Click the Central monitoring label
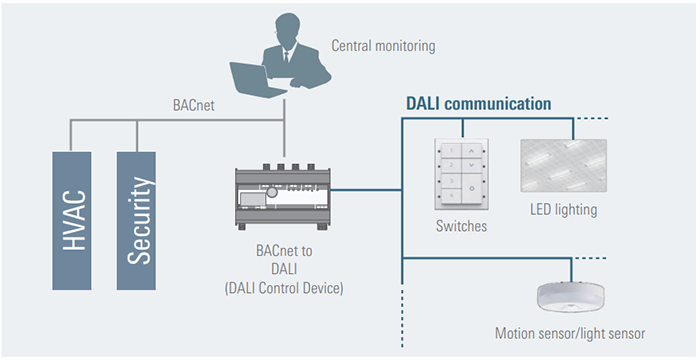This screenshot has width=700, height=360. [x=385, y=46]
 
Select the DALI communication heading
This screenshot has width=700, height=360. [x=477, y=103]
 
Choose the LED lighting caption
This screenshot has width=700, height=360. [x=563, y=210]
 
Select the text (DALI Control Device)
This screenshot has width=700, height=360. [x=283, y=289]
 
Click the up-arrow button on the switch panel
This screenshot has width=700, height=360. [x=472, y=151]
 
